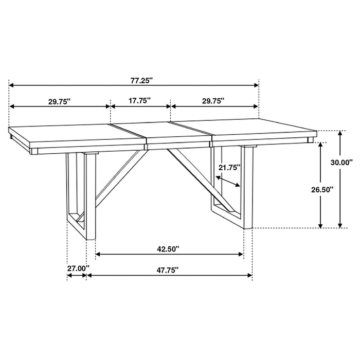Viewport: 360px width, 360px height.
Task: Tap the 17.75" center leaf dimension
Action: [x=139, y=101]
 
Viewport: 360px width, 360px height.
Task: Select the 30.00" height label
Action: [x=341, y=162]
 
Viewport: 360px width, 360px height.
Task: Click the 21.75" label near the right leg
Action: [x=230, y=167]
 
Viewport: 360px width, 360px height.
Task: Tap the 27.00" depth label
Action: [x=78, y=267]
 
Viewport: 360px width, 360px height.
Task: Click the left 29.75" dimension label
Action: [x=60, y=101]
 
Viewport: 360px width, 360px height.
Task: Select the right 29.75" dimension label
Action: [x=213, y=101]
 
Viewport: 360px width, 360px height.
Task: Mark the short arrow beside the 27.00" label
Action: [x=77, y=276]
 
